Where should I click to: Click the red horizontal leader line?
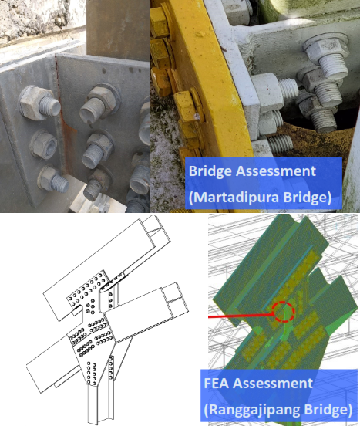(x=241, y=316)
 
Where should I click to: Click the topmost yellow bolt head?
(x=160, y=22)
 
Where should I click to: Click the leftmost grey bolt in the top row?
(x=38, y=103)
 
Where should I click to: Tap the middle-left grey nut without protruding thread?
(x=44, y=144)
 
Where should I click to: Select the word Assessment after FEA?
(x=273, y=384)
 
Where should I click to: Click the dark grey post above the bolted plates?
(x=118, y=30)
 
